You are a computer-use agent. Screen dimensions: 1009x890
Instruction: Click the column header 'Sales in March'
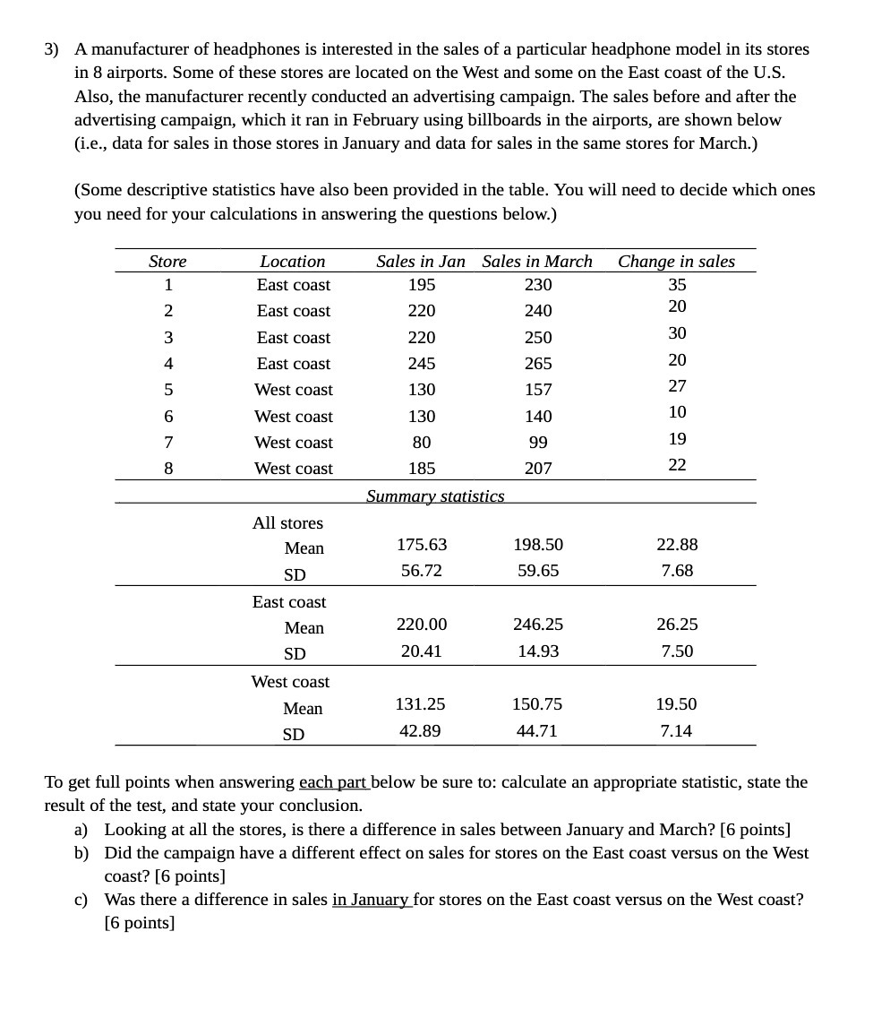537,261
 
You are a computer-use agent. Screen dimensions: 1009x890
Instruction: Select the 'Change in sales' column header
676,261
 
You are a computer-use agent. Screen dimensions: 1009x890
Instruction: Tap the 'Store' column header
167,262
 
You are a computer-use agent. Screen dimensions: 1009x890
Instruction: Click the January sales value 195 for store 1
421,285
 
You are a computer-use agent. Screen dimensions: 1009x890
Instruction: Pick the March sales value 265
537,364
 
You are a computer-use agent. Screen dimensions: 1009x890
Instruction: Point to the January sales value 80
421,443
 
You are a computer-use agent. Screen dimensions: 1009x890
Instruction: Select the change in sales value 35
677,285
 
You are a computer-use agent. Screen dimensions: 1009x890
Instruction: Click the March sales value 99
537,443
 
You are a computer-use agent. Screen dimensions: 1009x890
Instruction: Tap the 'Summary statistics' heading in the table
435,496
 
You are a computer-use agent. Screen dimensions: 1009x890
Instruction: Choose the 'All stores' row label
287,522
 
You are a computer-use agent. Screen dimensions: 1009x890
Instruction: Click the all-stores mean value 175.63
421,545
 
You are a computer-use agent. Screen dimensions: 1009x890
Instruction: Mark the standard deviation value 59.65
537,571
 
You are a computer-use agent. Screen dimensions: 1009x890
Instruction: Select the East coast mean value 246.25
537,625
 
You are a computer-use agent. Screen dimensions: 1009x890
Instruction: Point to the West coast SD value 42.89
420,731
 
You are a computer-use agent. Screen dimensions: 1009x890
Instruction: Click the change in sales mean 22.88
677,545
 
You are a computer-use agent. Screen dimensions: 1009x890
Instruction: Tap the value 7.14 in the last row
676,731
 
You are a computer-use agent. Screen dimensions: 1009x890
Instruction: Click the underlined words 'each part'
333,782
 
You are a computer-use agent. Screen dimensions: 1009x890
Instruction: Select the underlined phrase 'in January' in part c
371,900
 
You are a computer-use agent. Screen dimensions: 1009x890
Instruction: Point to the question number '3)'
54,49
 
